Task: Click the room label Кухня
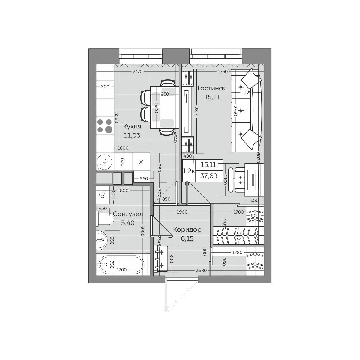tap(132, 127)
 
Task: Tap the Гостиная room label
tap(212, 88)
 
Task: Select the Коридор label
tap(187, 229)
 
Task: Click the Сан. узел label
tap(128, 214)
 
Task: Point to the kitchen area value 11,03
tap(132, 135)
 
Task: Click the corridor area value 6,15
tap(187, 238)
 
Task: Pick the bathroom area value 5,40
tap(128, 223)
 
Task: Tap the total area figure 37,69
tap(209, 176)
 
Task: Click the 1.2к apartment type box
tap(189, 171)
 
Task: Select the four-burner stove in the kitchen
tap(105, 126)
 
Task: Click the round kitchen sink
tap(105, 162)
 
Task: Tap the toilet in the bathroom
tap(105, 218)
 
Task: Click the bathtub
tap(121, 265)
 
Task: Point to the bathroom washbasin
tap(101, 240)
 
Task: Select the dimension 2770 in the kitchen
tap(138, 72)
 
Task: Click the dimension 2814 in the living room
tap(196, 112)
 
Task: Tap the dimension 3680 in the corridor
tap(201, 270)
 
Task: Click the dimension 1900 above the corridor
tap(182, 212)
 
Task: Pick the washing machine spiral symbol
tap(103, 195)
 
